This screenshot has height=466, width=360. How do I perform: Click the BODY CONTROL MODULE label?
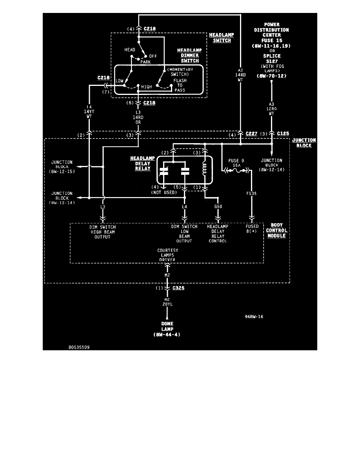(x=277, y=230)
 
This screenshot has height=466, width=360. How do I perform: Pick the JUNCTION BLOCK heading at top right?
(x=304, y=143)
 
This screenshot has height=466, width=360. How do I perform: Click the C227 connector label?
(x=252, y=134)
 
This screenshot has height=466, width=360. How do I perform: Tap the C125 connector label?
(x=283, y=134)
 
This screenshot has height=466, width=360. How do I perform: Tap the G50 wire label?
(x=218, y=206)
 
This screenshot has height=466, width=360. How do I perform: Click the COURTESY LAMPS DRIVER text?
(x=168, y=255)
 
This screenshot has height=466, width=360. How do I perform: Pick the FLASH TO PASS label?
(x=180, y=85)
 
